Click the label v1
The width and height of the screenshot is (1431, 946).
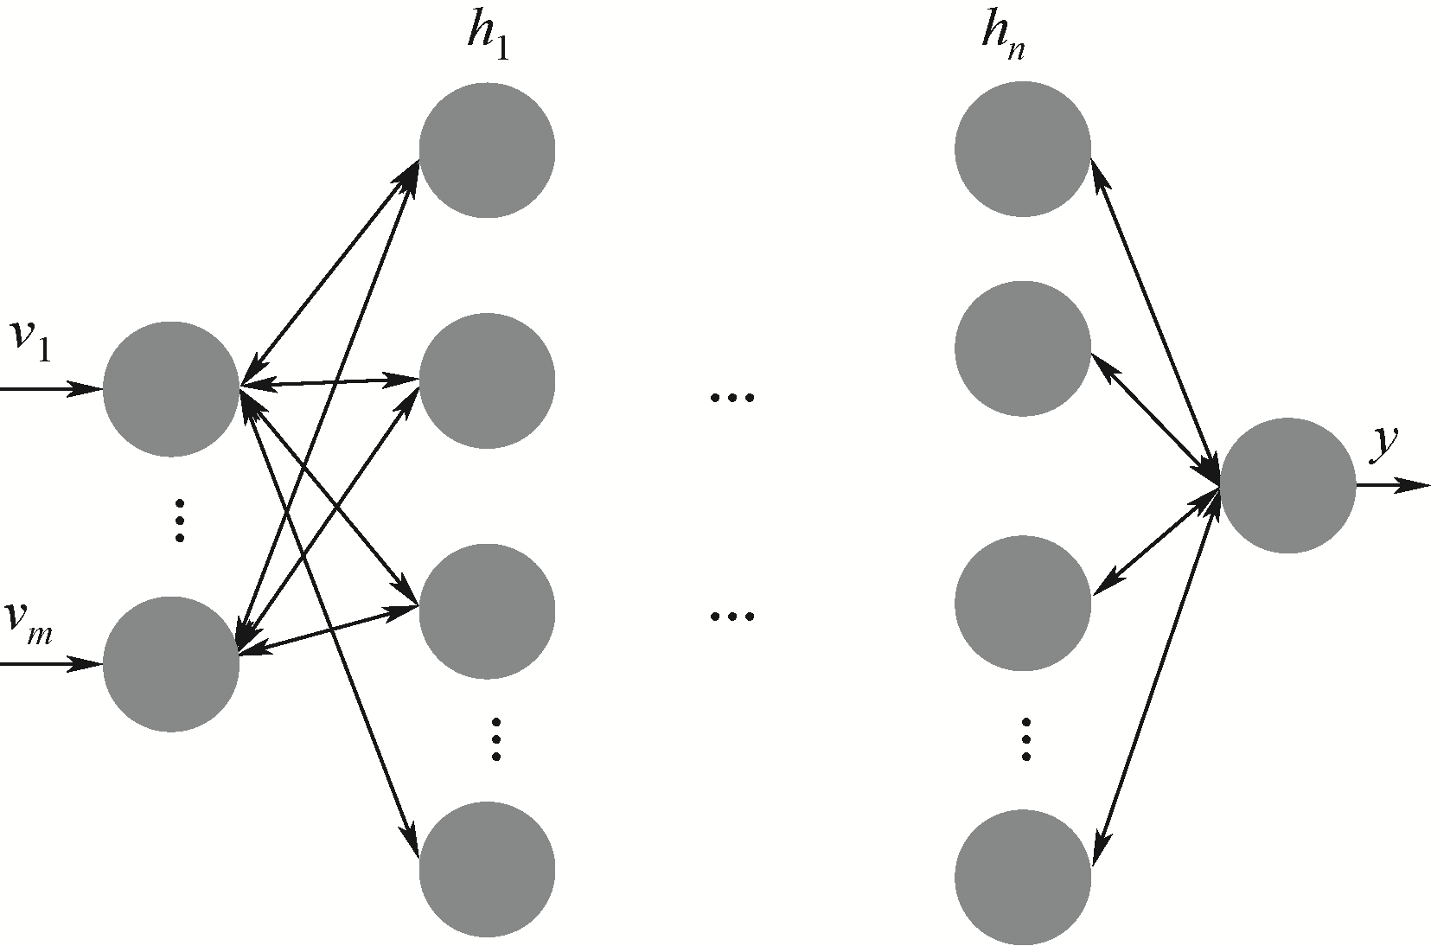(31, 340)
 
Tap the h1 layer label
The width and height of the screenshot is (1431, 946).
(487, 38)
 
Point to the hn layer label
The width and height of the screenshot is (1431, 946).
(1003, 38)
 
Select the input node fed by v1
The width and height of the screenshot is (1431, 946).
(171, 388)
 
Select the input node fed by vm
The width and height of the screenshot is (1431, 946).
(171, 664)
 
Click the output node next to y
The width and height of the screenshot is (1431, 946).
(1287, 485)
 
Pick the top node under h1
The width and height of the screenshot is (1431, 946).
(487, 150)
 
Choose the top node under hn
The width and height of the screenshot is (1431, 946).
(1023, 149)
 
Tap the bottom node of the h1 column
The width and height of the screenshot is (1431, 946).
(487, 869)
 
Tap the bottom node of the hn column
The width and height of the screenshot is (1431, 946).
(1023, 876)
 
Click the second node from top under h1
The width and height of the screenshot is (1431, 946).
(487, 380)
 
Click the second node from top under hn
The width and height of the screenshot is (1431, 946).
(1023, 348)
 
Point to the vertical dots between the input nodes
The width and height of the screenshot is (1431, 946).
(180, 520)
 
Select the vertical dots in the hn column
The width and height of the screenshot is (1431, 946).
(1025, 739)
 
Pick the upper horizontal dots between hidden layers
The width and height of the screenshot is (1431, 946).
(731, 398)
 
